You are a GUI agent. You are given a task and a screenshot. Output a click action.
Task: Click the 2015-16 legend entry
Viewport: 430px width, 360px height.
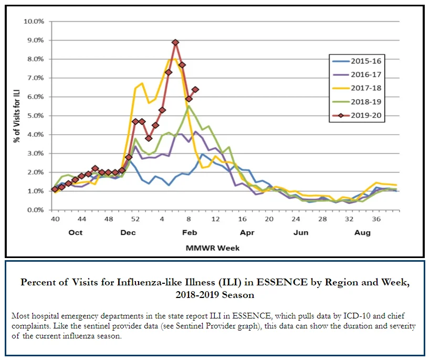357,61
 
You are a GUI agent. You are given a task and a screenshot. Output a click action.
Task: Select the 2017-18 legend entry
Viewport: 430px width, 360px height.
357,88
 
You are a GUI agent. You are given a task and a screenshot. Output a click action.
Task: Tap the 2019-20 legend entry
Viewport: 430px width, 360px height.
357,115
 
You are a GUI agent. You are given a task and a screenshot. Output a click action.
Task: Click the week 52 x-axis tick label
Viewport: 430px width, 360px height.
135,219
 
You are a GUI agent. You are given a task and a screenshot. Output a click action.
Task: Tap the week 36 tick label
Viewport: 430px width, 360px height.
376,219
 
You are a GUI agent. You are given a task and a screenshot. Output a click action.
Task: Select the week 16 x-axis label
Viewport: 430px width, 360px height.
242,219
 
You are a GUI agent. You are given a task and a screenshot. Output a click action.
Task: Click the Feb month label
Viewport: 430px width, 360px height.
190,233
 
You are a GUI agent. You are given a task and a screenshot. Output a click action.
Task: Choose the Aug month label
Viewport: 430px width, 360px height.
362,233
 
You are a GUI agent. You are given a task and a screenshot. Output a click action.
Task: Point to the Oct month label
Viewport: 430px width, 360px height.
76,233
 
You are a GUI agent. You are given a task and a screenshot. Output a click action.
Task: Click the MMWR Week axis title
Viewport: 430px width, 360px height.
213,248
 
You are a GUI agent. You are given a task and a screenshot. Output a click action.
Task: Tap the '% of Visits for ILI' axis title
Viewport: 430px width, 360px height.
17,116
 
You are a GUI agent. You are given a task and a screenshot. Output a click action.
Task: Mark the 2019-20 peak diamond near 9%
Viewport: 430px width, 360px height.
175,42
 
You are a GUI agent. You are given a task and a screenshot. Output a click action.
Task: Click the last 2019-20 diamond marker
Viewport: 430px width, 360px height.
195,89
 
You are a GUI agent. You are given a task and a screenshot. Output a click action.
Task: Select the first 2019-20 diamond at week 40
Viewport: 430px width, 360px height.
55,189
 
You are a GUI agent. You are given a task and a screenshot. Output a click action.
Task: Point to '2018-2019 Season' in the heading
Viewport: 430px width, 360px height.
215,295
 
